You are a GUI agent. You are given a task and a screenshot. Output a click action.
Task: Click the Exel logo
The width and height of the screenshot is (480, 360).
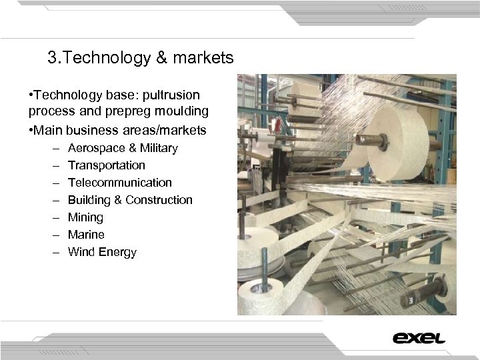(x=419, y=338)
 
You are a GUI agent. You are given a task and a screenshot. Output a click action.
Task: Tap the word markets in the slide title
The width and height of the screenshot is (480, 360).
(x=203, y=59)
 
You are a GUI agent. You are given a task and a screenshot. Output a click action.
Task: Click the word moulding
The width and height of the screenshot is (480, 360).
(x=183, y=111)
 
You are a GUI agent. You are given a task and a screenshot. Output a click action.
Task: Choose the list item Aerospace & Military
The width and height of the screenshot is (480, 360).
(x=123, y=148)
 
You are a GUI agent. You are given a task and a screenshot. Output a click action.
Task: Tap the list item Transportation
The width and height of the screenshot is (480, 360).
(x=106, y=165)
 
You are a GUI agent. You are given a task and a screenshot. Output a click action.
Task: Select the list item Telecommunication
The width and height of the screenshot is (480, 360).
(x=120, y=183)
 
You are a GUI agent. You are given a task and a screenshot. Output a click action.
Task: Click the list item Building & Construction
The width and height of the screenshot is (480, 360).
(x=130, y=200)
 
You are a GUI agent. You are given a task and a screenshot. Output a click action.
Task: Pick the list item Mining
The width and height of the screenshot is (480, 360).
(x=85, y=217)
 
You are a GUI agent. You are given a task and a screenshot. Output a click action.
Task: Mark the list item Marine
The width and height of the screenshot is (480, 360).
(x=86, y=235)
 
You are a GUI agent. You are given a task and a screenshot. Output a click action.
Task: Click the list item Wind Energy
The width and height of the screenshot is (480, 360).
(x=102, y=252)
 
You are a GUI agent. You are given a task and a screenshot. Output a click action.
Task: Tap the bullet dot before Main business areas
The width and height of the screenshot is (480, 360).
(x=31, y=129)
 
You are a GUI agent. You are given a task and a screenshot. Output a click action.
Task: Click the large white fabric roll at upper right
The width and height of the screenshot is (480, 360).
(x=397, y=143)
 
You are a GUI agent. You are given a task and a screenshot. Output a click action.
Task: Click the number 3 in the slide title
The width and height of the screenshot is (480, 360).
(x=52, y=59)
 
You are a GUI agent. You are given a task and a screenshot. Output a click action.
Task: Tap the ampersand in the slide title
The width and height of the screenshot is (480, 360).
(x=161, y=59)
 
